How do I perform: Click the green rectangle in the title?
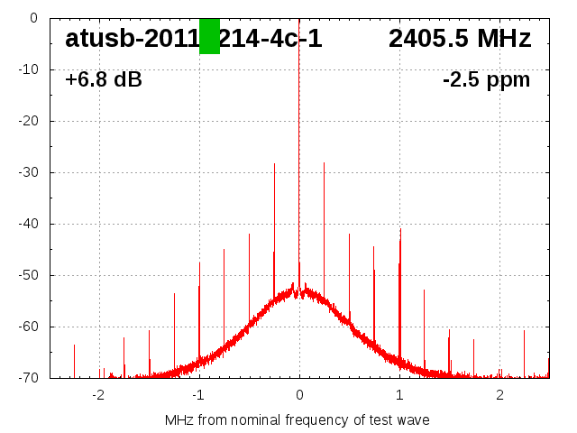click(x=209, y=36)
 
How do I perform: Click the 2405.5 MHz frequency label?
click(x=460, y=39)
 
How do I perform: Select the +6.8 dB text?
click(x=104, y=80)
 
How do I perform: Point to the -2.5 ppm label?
click(x=486, y=80)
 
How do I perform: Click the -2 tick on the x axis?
click(x=98, y=395)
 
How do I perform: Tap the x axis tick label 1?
click(x=399, y=395)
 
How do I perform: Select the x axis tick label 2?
click(x=499, y=395)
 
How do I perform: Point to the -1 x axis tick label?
click(x=198, y=395)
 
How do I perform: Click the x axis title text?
click(x=298, y=419)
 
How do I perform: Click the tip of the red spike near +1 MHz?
click(x=400, y=230)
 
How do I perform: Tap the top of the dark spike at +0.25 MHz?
click(x=325, y=163)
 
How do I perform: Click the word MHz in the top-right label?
click(x=502, y=39)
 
